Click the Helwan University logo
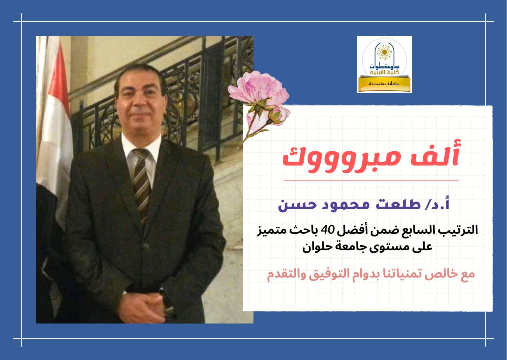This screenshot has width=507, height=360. tap(384, 65)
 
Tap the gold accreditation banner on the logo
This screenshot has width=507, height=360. tap(384, 84)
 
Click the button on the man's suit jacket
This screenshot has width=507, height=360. tap(146, 246)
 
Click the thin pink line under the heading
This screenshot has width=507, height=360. tap(371, 180)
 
